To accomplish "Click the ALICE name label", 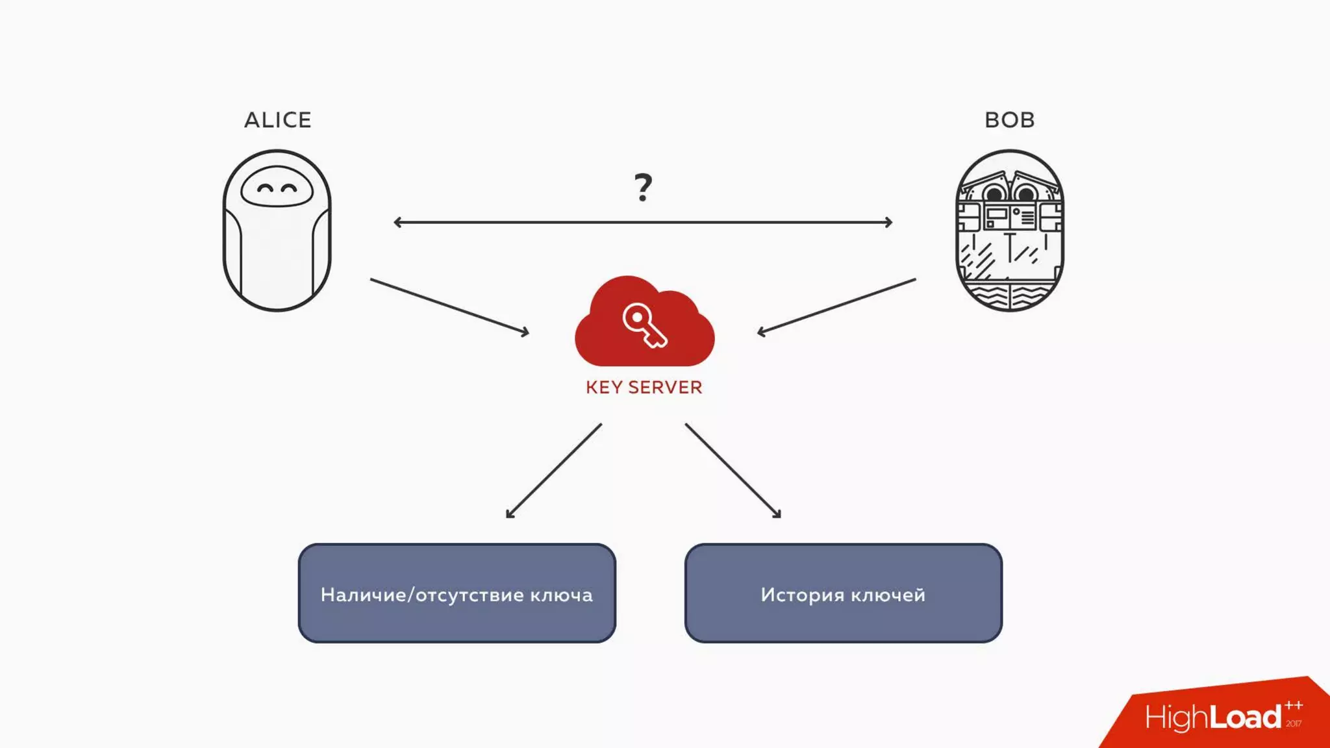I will (x=277, y=120).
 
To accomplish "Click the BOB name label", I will (x=1009, y=120).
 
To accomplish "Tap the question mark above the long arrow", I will (x=643, y=187).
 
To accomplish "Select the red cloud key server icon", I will (x=644, y=325).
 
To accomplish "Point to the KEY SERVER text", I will (x=644, y=388).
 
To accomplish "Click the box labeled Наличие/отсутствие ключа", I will (x=457, y=593).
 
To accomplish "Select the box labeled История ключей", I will (x=843, y=593).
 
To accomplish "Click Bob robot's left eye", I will (x=994, y=193).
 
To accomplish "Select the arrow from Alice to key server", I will (x=449, y=306).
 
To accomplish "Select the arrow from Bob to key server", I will (x=836, y=306).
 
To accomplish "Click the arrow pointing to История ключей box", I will (x=733, y=471).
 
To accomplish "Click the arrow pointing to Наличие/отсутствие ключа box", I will (x=554, y=471).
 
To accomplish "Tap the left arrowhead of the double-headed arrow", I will (x=397, y=222).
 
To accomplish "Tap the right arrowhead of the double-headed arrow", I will (x=888, y=222).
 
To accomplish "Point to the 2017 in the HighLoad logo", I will (x=1293, y=723).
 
